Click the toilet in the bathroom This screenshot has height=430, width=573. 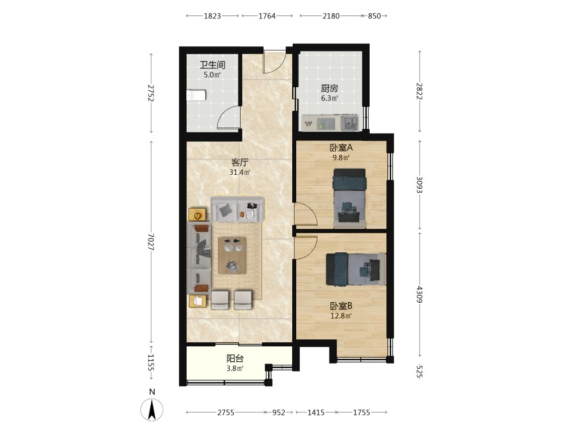coord(196,95)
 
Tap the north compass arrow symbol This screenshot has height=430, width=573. coord(152,409)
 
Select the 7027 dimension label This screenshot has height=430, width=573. coord(151,242)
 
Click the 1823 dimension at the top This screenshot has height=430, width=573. coord(213,15)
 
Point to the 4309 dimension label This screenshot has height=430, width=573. coord(419,294)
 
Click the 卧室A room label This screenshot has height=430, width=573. coord(341,148)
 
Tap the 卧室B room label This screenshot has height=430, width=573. coord(341,306)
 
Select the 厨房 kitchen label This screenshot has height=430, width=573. coord(329,88)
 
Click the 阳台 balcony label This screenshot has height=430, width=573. coord(235,359)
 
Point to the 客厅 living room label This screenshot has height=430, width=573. coord(240,162)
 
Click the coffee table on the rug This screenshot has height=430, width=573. coord(232,255)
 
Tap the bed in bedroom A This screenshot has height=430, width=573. coord(350,198)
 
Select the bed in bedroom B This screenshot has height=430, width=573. coord(356,269)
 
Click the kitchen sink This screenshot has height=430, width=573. coord(350,123)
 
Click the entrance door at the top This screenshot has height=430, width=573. coord(274,62)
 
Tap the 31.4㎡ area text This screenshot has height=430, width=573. coord(240,172)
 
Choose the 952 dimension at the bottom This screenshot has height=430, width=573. coord(279,412)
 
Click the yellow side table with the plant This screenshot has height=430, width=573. coord(197,215)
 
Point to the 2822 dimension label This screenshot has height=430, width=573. coord(419,91)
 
